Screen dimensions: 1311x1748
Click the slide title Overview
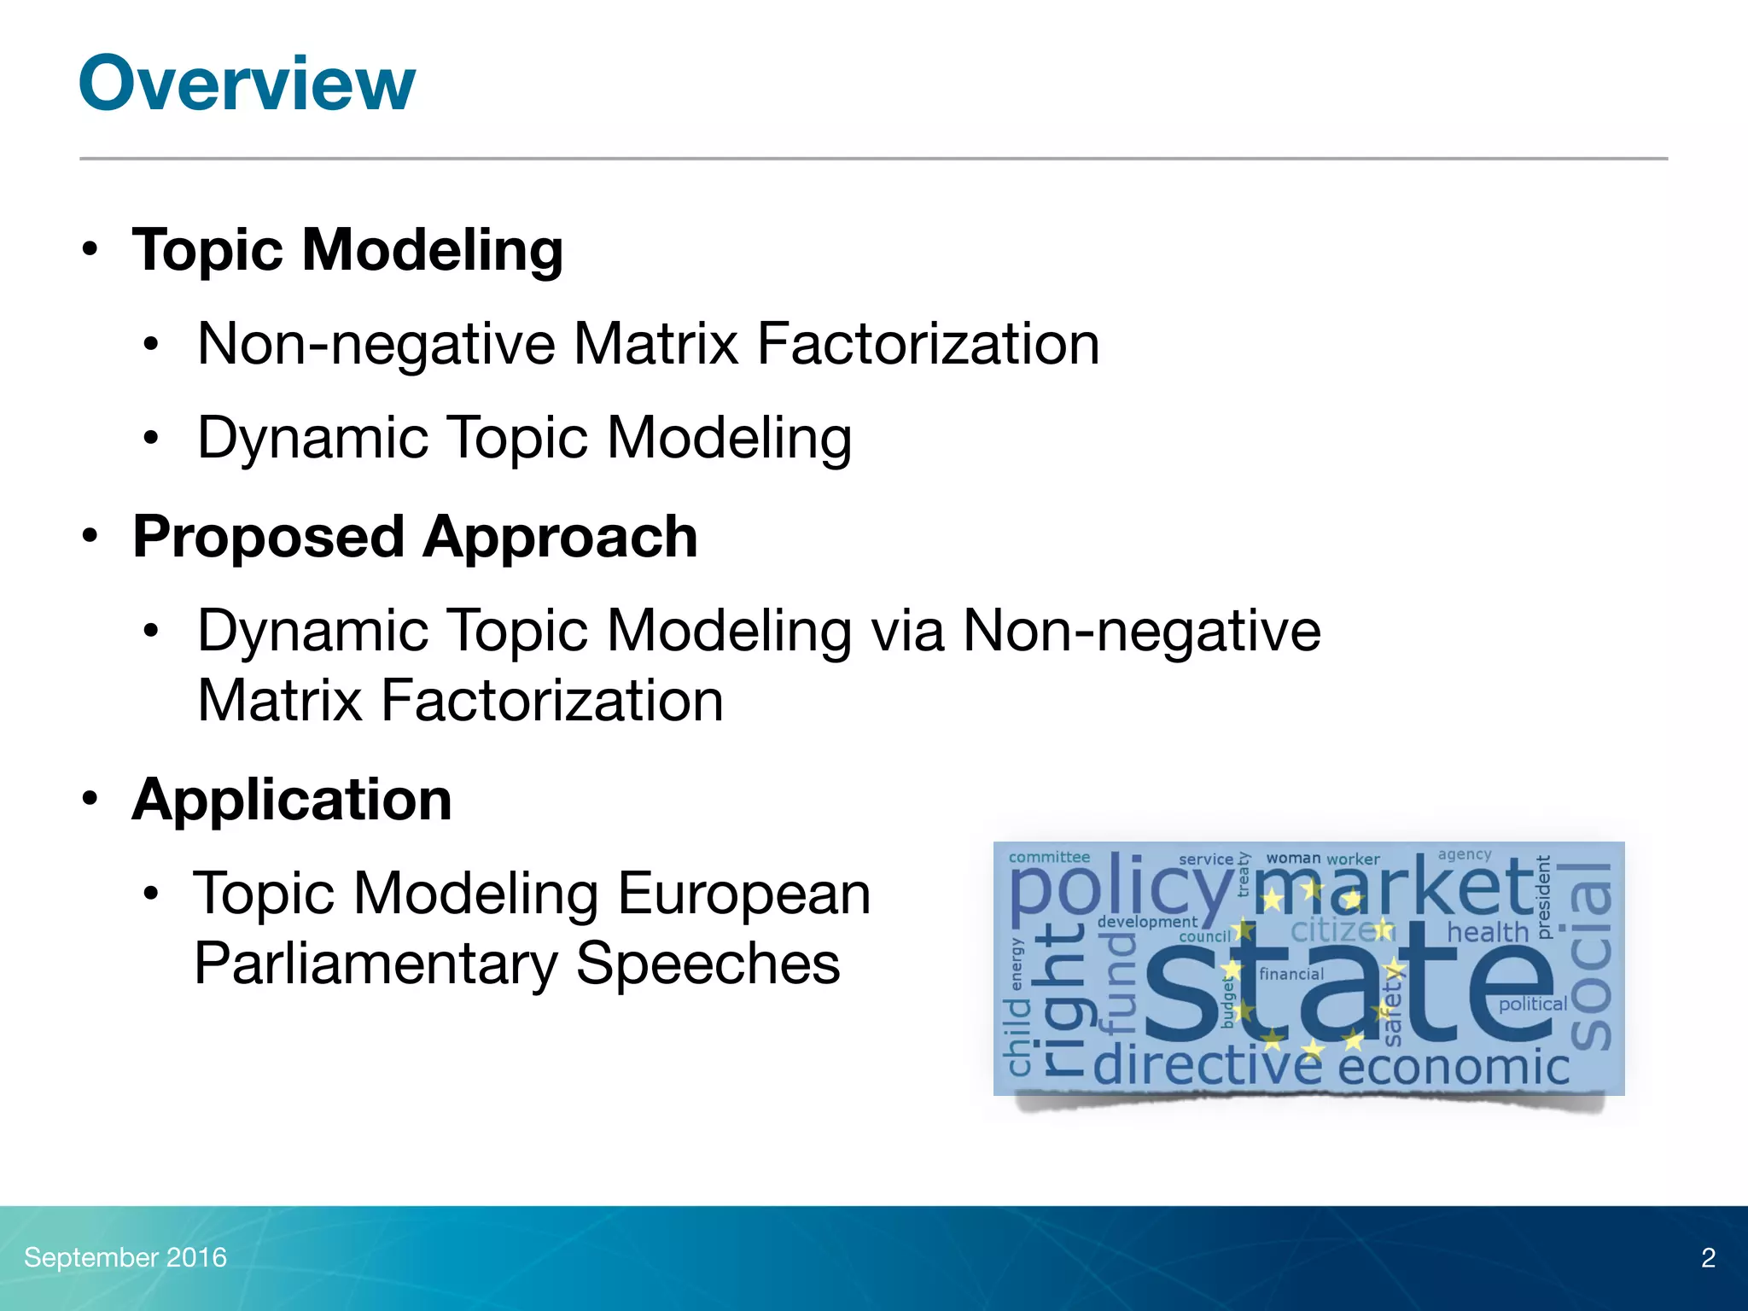[247, 84]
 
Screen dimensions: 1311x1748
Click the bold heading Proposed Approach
[415, 538]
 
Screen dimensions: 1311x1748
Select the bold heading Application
[292, 801]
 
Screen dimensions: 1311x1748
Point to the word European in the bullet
[743, 894]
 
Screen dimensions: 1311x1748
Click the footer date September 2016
[125, 1257]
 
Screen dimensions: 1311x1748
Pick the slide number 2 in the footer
[1708, 1258]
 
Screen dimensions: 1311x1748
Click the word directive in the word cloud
[1207, 1066]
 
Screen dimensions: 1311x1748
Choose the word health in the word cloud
[1487, 932]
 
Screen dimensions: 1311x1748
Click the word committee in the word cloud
[1049, 857]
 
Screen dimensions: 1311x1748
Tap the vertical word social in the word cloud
[1590, 956]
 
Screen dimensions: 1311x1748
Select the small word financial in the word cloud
[1291, 974]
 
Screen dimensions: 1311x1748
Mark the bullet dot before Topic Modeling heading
[90, 250]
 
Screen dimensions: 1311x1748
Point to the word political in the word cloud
[1533, 1005]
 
